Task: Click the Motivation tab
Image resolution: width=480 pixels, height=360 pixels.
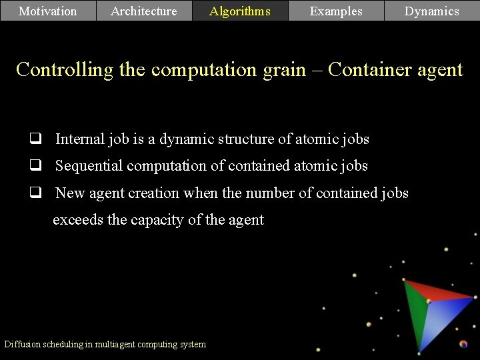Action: pos(48,11)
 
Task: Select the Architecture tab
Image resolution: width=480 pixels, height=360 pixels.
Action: pos(144,11)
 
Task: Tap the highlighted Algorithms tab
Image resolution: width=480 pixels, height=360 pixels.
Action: pos(240,11)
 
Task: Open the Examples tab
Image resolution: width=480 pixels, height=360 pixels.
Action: pos(336,11)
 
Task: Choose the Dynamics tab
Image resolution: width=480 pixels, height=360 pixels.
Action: pos(432,11)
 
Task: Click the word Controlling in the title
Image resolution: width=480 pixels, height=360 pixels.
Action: pos(65,69)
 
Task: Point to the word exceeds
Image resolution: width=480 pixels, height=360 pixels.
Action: pos(77,219)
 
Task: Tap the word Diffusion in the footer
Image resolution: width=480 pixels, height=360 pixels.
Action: pos(22,344)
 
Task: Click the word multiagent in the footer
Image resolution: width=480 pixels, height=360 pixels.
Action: pos(122,344)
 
